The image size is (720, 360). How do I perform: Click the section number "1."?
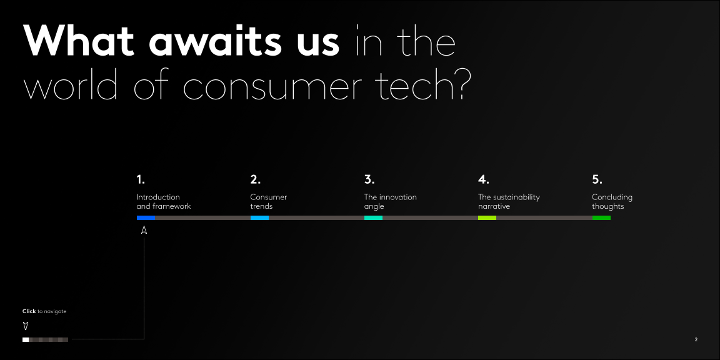(141, 179)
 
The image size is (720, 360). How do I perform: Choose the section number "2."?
(255, 179)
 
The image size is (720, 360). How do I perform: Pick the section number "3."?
(369, 179)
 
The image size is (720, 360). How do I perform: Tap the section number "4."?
(483, 179)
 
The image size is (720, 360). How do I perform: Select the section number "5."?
(597, 179)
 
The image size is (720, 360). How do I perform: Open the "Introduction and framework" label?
(164, 202)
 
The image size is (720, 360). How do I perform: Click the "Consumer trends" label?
(269, 202)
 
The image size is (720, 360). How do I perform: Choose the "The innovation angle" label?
(390, 202)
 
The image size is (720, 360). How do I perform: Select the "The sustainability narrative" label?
(509, 202)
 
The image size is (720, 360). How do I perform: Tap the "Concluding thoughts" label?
(612, 202)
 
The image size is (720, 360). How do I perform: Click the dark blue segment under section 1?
(146, 217)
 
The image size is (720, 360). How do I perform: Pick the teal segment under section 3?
(373, 217)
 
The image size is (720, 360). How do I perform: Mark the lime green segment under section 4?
(487, 217)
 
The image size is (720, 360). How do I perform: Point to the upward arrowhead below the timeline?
(144, 230)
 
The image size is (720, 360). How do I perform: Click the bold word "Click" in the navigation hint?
(29, 311)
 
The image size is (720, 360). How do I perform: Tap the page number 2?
(696, 340)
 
